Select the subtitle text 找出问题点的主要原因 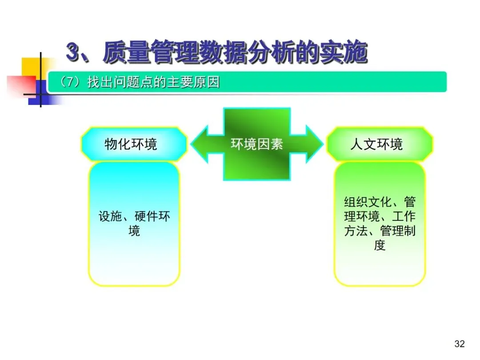[153, 83]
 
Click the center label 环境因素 [257, 144]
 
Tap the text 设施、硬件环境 [134, 217]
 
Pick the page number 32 [460, 344]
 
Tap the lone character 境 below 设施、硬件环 [134, 231]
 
